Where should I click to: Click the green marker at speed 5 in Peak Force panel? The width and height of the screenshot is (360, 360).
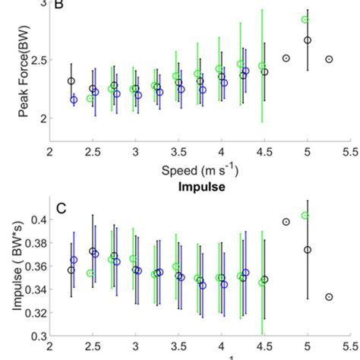tap(305, 20)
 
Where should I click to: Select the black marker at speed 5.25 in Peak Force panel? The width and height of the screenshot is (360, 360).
tap(329, 59)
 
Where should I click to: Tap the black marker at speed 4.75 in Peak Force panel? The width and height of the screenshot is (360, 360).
tap(286, 58)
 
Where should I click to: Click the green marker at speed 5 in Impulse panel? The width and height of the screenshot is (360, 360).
tap(305, 216)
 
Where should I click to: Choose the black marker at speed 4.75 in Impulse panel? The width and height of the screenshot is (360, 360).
tap(286, 222)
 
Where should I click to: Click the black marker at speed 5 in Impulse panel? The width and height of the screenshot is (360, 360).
tap(308, 250)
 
